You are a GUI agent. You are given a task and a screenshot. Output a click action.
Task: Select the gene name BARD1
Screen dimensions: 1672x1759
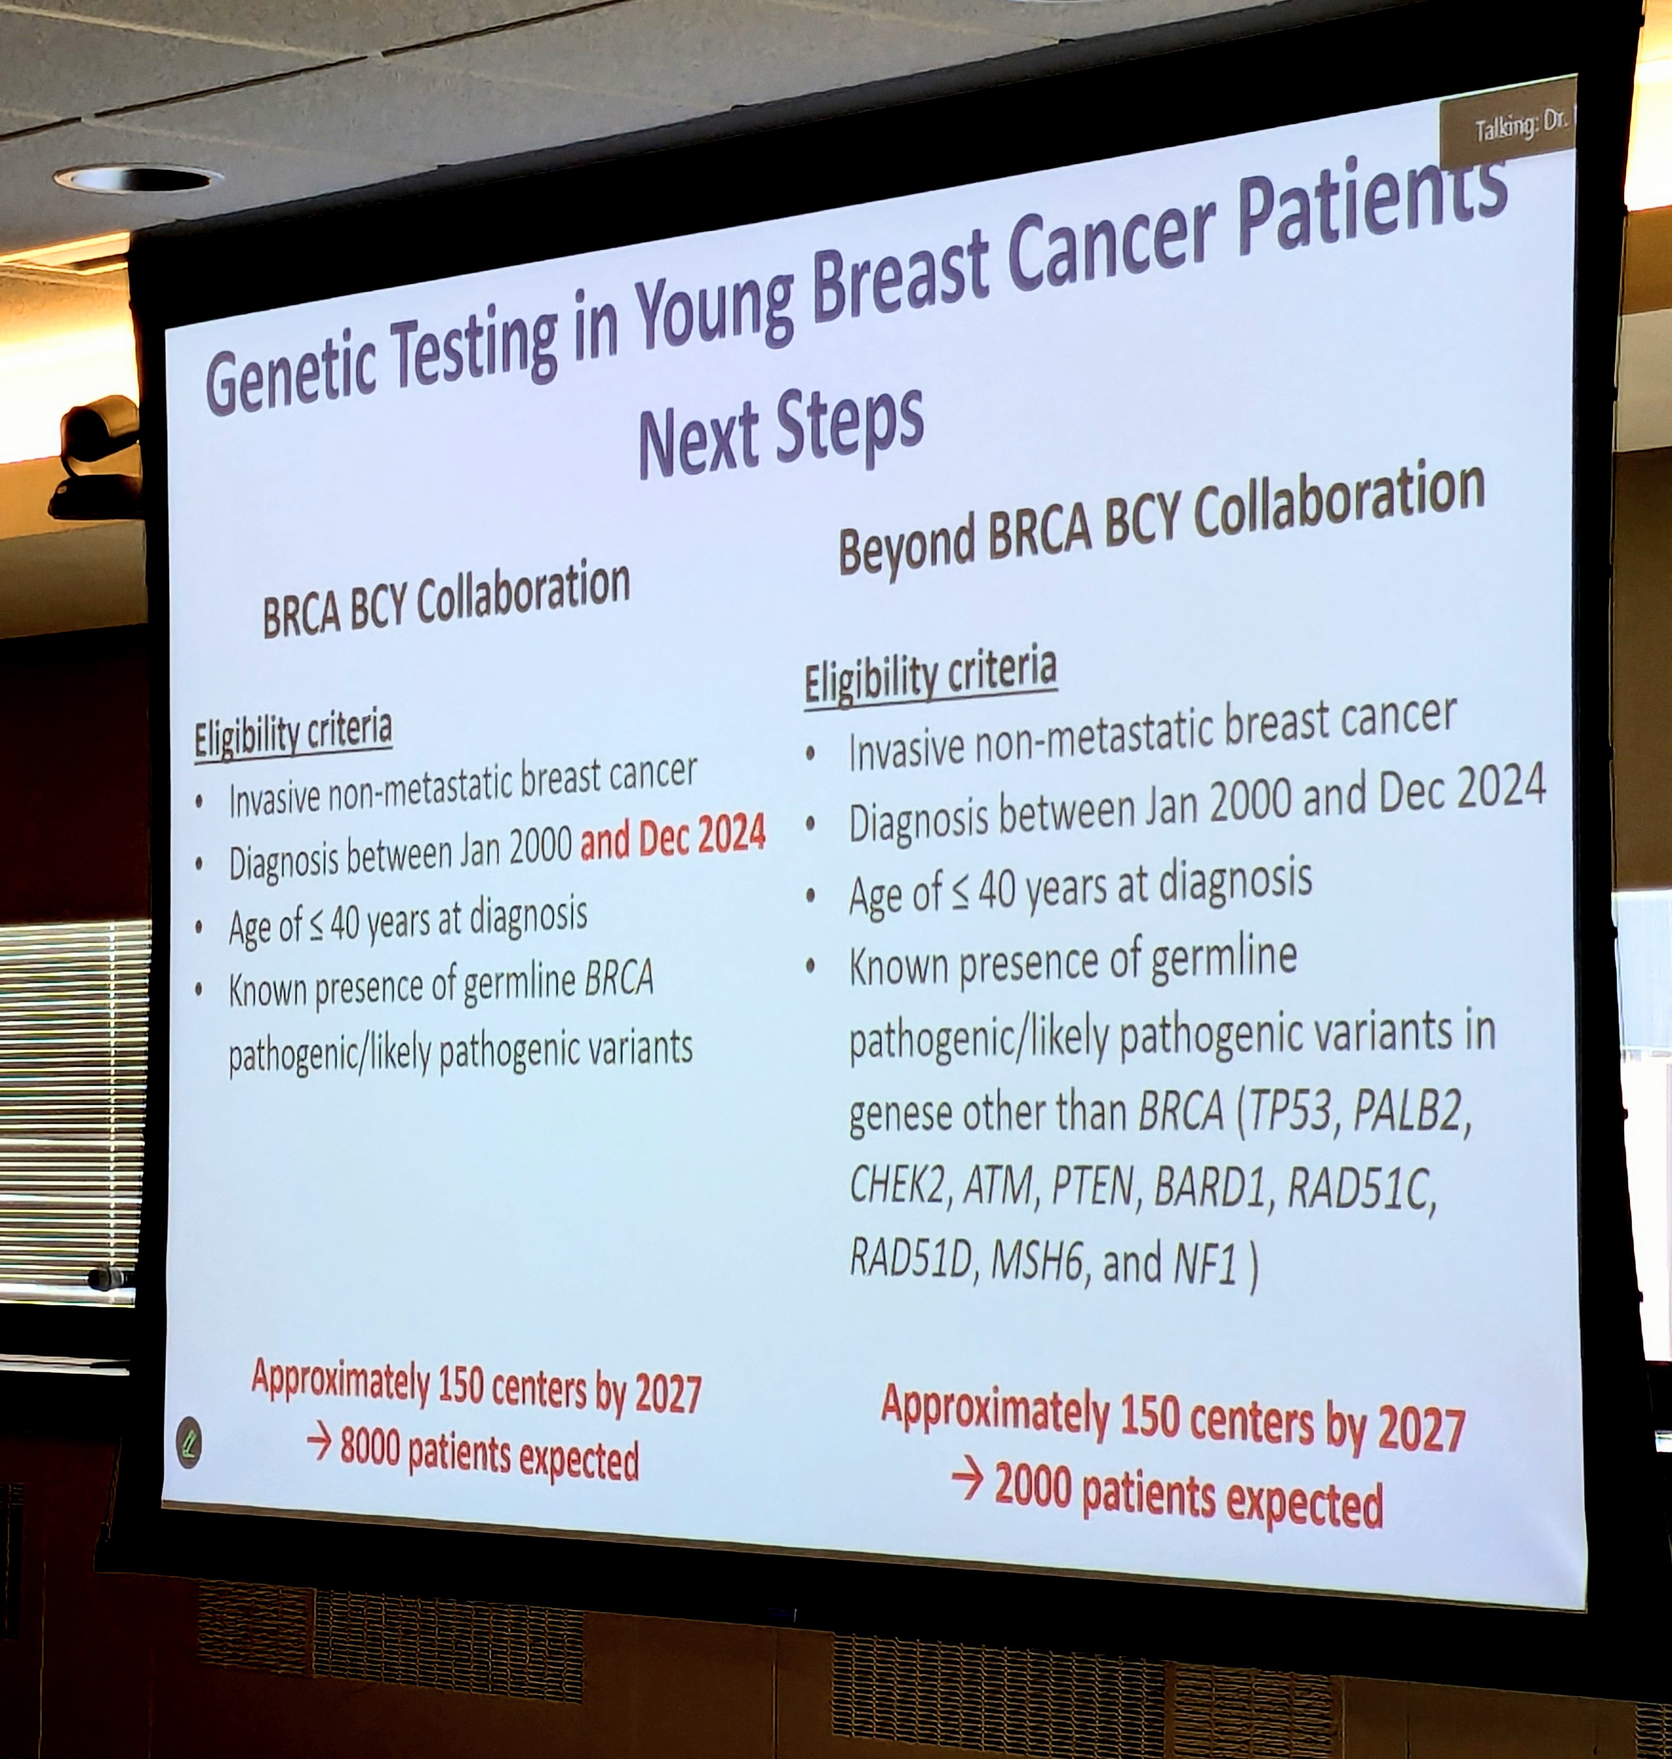[x=1209, y=1188]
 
